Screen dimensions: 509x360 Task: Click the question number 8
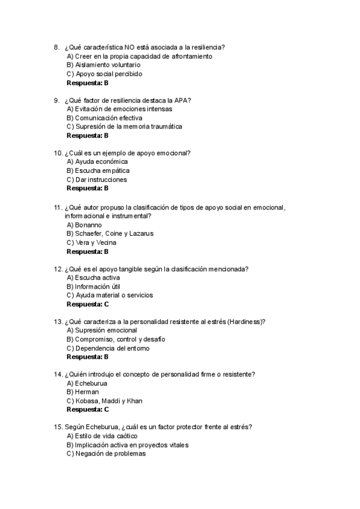pyautogui.click(x=56, y=47)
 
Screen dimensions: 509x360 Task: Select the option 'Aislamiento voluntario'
pyautogui.click(x=103, y=65)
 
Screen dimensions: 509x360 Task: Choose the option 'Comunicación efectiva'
pyautogui.click(x=104, y=118)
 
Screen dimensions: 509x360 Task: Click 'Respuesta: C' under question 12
pyautogui.click(x=88, y=304)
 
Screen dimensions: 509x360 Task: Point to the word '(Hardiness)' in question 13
pyautogui.click(x=247, y=322)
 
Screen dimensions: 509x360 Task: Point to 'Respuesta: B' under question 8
pyautogui.click(x=88, y=83)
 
